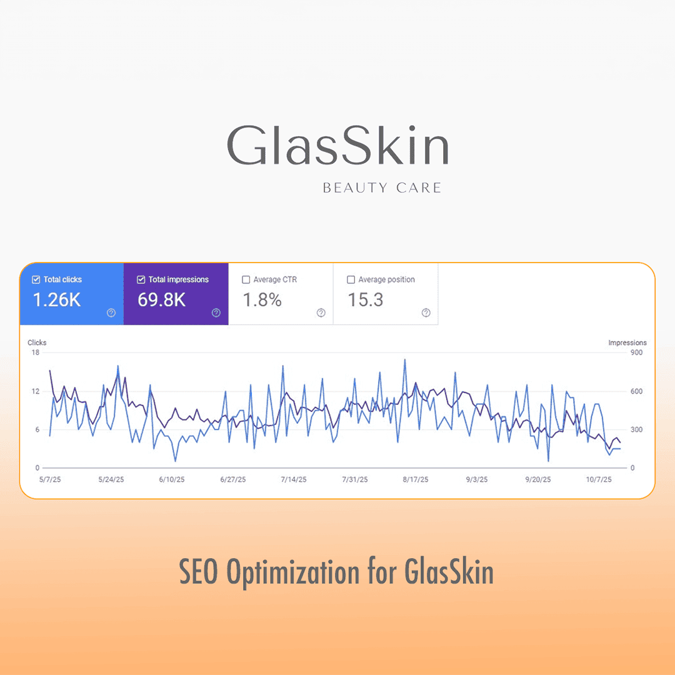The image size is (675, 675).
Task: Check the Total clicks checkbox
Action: click(36, 280)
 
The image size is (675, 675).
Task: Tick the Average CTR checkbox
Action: click(246, 280)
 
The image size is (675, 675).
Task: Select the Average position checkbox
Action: click(351, 280)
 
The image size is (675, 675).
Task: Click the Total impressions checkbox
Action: click(141, 280)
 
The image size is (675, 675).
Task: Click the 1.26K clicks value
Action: click(57, 300)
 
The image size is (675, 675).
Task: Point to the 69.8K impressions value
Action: click(162, 300)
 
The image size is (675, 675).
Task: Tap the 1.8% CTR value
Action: click(262, 300)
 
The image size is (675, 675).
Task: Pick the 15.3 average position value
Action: click(366, 300)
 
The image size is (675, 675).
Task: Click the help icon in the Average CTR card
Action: click(321, 313)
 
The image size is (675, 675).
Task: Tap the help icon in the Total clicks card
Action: click(111, 313)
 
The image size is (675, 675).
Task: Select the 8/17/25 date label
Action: click(416, 480)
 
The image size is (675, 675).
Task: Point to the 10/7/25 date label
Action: click(599, 480)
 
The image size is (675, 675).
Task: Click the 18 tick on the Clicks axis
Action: click(35, 352)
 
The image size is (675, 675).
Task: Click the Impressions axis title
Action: click(627, 342)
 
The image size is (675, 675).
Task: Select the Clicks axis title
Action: click(37, 342)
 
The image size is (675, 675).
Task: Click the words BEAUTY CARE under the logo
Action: click(382, 187)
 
